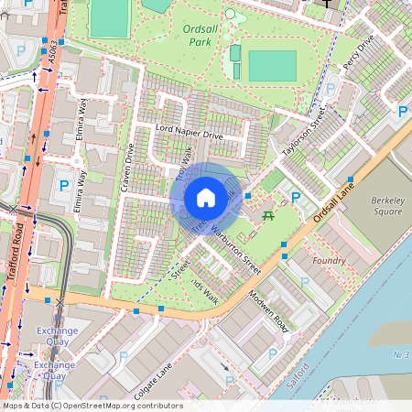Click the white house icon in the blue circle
click(206, 198)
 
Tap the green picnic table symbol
click(268, 215)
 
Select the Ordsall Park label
click(200, 35)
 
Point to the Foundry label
click(329, 261)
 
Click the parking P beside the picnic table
click(296, 197)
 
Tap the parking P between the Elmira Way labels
click(64, 186)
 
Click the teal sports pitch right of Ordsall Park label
click(272, 66)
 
